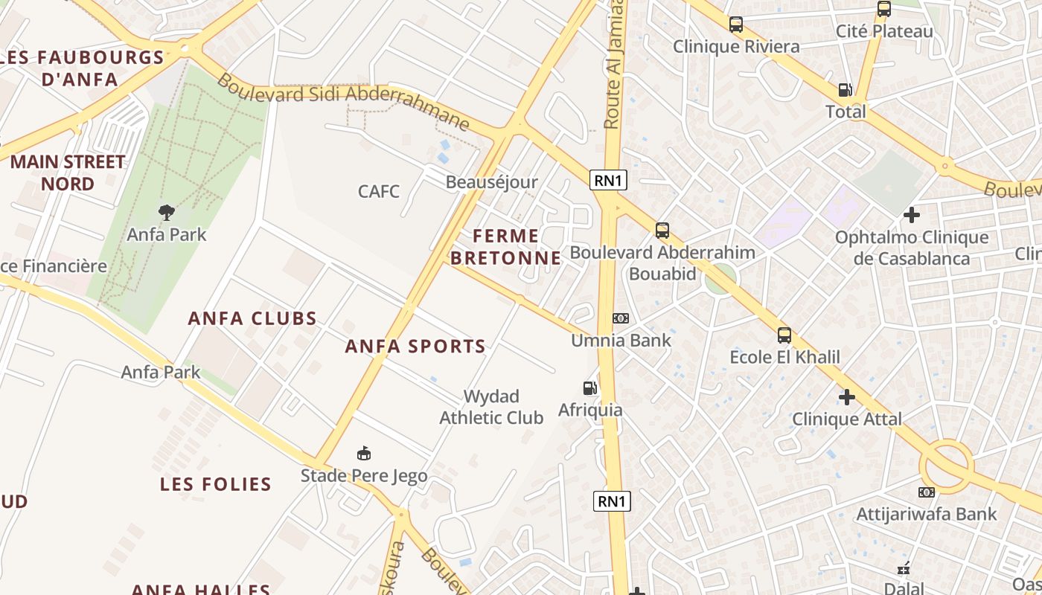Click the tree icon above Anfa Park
167,213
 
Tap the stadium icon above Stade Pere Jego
364,453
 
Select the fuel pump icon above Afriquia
589,388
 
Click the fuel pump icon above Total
846,90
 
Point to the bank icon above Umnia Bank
620,318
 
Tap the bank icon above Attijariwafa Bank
926,492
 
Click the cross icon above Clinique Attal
846,397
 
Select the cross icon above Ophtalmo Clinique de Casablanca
911,216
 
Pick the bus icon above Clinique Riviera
736,25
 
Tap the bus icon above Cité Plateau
883,10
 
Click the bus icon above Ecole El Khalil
784,335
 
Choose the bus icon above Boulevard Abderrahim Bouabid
662,231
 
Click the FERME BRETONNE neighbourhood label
506,247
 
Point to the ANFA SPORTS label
415,346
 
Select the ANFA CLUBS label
252,318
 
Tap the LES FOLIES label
216,484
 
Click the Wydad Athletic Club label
491,407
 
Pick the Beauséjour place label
491,182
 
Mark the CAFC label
379,191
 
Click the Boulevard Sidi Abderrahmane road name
343,102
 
